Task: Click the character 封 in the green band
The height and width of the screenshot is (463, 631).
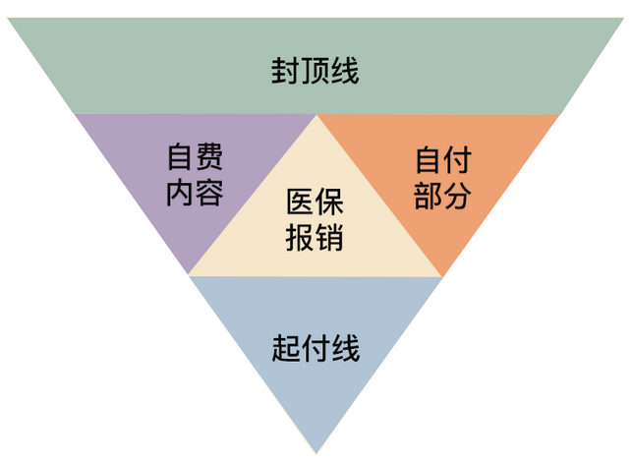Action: pos(285,71)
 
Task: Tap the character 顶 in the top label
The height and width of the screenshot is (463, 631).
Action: pos(315,71)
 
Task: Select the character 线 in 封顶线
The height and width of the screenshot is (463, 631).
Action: pos(344,71)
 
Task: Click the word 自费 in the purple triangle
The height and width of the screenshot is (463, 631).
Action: pos(196,156)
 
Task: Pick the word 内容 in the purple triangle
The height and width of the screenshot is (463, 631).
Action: pos(196,193)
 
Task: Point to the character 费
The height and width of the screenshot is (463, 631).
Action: pos(209,156)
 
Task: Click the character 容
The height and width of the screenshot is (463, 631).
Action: pos(209,193)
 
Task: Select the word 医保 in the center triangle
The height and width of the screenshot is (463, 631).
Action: pos(315,202)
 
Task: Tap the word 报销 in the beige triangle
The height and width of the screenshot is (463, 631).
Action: pos(315,238)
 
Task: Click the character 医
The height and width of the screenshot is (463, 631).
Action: pos(301,202)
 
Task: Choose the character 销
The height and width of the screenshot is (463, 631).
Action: pos(329,238)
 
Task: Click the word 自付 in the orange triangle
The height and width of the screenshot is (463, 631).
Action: pos(443,160)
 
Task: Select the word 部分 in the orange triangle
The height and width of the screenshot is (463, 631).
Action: pos(442,196)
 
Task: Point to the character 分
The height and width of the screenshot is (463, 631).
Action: pos(458,196)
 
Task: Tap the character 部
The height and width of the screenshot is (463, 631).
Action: pos(429,196)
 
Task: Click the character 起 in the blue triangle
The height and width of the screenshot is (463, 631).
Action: pos(286,349)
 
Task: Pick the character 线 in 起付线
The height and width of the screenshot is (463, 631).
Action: pos(345,349)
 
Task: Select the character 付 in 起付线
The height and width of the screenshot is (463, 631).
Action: pos(315,349)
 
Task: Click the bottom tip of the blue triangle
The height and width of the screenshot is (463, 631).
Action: pos(316,454)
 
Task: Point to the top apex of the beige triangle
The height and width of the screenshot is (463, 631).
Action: pos(316,115)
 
